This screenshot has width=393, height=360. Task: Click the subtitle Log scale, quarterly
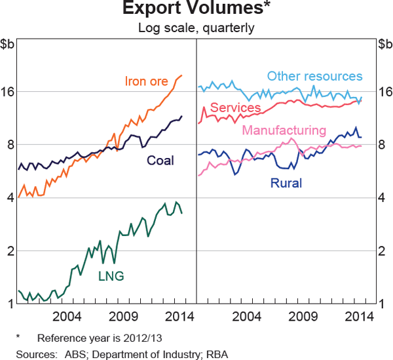[196, 28]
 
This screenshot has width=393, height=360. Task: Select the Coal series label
[160, 160]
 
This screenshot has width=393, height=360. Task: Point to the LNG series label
[111, 275]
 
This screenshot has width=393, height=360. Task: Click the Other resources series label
[314, 77]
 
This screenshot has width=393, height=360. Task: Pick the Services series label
[236, 108]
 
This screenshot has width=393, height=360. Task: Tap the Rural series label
[286, 183]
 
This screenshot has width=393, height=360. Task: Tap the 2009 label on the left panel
[125, 317]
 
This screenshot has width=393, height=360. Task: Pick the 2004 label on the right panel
[248, 317]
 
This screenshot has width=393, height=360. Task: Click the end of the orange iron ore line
[182, 75]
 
